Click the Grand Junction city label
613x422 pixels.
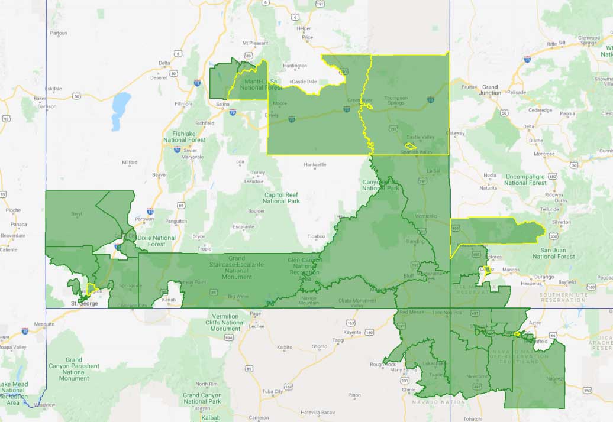pyautogui.click(x=490, y=90)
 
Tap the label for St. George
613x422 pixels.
pyautogui.click(x=83, y=304)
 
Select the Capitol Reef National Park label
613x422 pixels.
pyautogui.click(x=282, y=198)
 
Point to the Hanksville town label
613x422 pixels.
pyautogui.click(x=315, y=164)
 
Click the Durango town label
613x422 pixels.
pyautogui.click(x=543, y=277)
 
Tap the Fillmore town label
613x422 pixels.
pyautogui.click(x=184, y=103)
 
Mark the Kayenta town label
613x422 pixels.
pyautogui.click(x=352, y=333)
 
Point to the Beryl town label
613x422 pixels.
pyautogui.click(x=76, y=213)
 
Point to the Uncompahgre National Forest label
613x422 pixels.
pyautogui.click(x=526, y=179)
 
